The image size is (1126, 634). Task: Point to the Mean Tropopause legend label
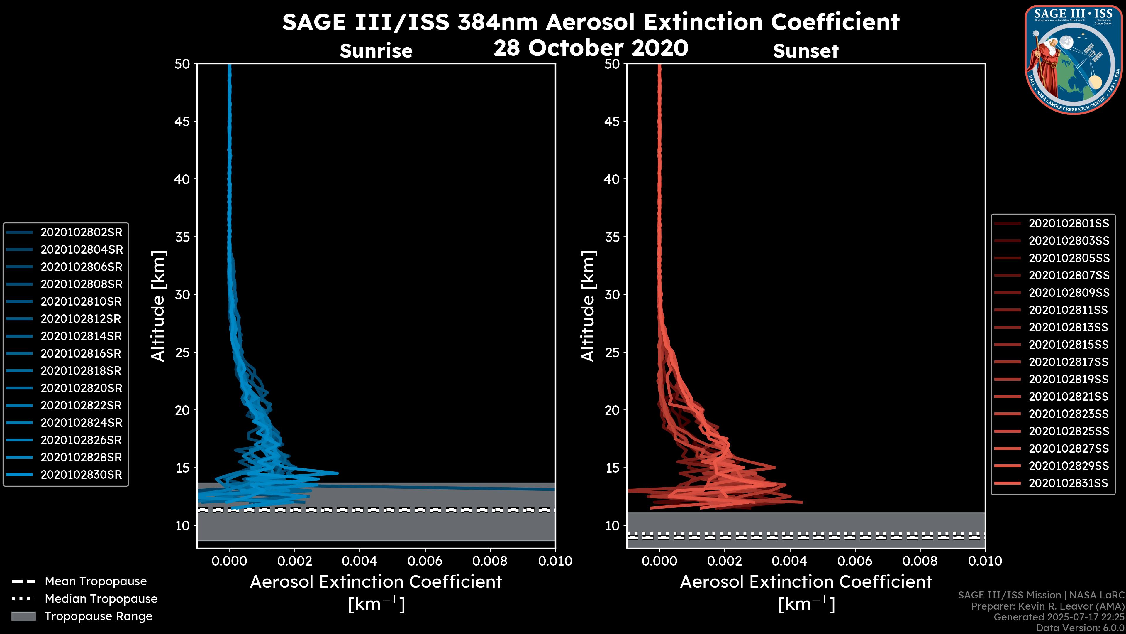96,581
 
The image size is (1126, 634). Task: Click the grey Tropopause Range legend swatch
23,616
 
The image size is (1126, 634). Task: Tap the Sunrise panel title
376,51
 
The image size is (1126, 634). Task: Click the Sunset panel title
806,51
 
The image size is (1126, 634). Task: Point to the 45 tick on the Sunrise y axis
182,121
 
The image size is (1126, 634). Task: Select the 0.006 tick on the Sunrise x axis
425,561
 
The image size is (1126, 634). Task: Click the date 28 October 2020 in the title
591,48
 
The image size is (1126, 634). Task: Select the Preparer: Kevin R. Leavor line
1048,606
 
